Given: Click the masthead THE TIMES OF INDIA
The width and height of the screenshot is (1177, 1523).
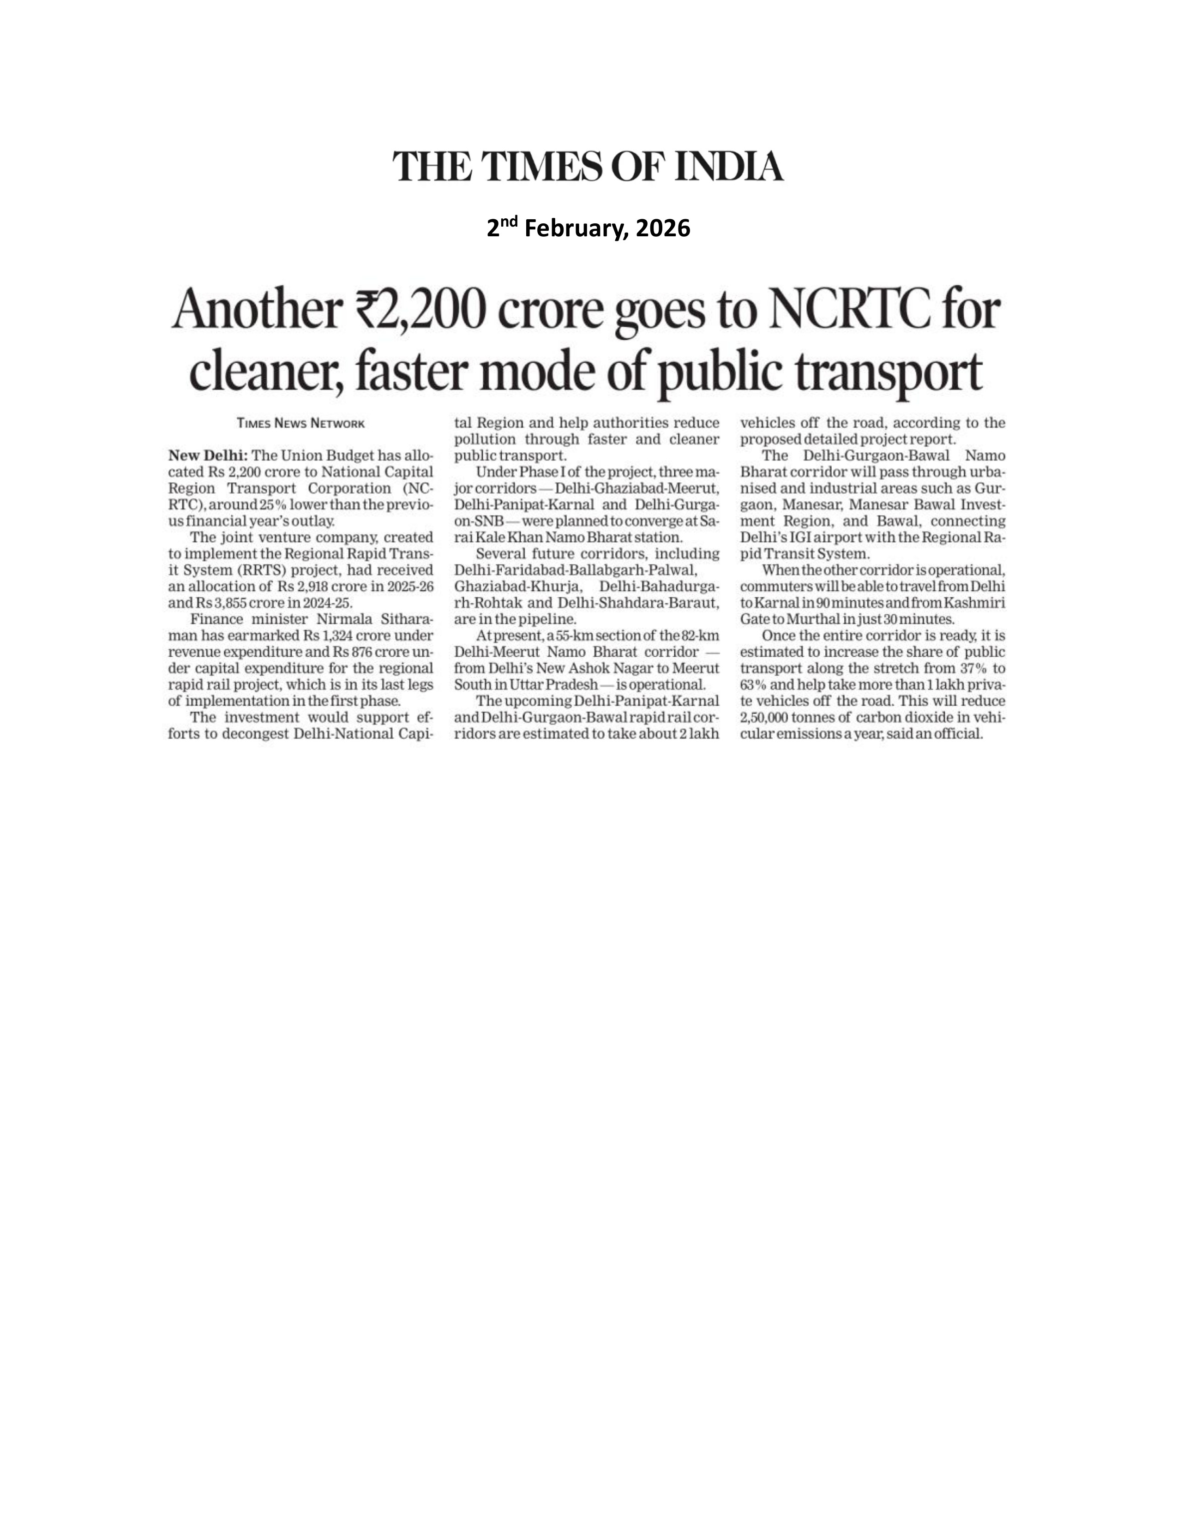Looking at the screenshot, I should (x=588, y=167).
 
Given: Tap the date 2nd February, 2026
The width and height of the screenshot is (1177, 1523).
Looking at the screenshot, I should (x=588, y=228).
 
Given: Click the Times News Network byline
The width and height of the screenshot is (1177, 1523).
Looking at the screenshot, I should (x=300, y=423).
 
